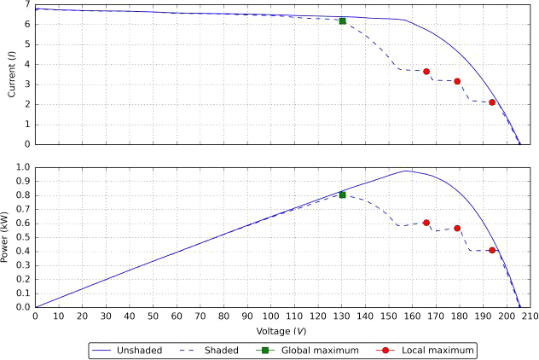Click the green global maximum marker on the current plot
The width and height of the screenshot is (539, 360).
[342, 20]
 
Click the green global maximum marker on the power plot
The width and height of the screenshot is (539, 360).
[342, 195]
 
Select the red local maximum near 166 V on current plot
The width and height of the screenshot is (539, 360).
[426, 72]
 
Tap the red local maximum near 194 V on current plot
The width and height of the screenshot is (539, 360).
[492, 102]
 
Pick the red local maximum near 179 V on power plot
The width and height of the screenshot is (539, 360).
[457, 228]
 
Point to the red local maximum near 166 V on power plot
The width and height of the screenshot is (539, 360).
[426, 223]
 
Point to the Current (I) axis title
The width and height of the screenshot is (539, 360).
[11, 74]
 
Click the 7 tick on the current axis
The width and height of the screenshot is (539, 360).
[27, 5]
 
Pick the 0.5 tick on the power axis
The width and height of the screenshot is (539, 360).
[23, 237]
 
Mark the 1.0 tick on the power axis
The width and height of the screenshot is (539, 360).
[23, 168]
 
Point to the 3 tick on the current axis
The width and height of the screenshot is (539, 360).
[27, 84]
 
